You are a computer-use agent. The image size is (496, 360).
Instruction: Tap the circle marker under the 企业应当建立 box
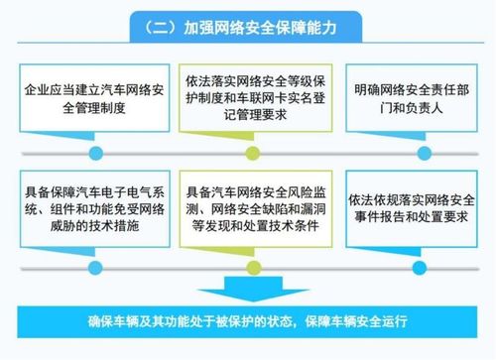(95, 152)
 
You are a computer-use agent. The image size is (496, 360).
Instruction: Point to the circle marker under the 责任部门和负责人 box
(402, 152)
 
